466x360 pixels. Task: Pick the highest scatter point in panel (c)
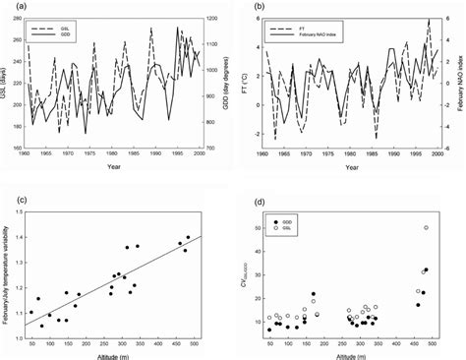point(188,237)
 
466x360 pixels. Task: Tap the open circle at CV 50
point(426,227)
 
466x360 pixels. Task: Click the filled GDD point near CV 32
point(426,270)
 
